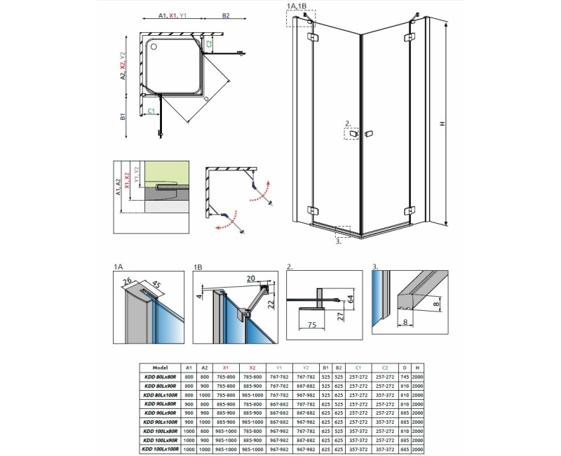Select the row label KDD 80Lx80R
pos(158,377)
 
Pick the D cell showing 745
pos(405,377)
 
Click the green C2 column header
pos(384,367)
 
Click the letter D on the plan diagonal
pos(205,100)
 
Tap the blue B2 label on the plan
pos(225,15)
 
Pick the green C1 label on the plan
pos(151,111)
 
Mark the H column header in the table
pos(418,367)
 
